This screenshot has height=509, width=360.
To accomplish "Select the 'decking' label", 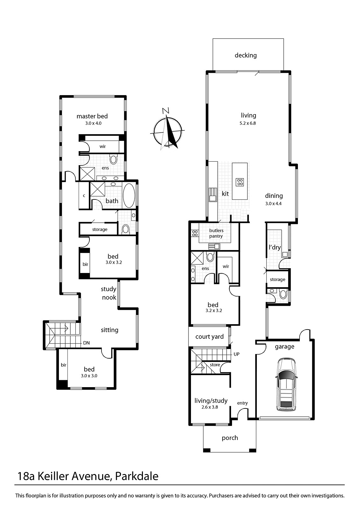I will pos(245,55).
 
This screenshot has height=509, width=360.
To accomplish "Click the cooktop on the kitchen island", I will pos(240,182).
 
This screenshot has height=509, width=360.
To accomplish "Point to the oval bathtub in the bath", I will pos(129,195).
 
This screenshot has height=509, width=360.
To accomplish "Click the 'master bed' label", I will pos(92,116).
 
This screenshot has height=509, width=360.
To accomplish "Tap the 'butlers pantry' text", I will pos(216,233).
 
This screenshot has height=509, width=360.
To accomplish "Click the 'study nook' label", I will pos(109,293).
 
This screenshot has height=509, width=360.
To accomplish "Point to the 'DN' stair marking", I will pos(86,343).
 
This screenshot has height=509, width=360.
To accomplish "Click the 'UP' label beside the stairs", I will pos(236,354).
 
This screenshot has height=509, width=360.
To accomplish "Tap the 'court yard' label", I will pos(209,337).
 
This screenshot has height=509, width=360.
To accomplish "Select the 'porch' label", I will pos(230,438).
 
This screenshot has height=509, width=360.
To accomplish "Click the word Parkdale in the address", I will pos(137,476).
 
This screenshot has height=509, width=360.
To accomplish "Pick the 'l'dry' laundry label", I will pos(274,247).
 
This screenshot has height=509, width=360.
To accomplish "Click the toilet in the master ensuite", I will pos(114,159).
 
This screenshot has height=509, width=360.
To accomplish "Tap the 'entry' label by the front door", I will pos(242,403).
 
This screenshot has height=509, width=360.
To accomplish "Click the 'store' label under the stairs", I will pos(215,365).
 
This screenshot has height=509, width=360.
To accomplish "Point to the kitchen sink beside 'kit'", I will pos(212,195).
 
